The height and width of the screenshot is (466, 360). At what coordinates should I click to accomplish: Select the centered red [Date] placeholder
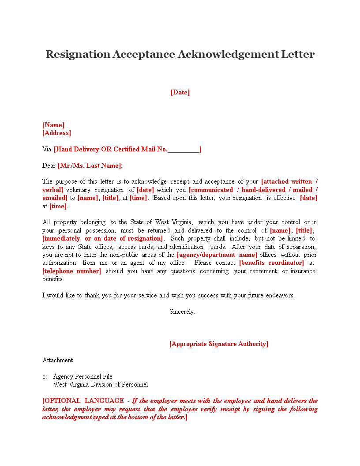(180, 92)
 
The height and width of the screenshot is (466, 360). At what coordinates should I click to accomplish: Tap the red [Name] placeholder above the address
(53, 125)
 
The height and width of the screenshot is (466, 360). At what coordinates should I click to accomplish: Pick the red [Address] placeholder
(56, 133)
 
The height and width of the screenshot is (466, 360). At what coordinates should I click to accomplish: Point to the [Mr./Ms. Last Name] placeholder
(90, 165)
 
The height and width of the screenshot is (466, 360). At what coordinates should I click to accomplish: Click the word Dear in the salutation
(49, 165)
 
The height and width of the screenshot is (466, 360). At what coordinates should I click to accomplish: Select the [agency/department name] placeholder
(217, 255)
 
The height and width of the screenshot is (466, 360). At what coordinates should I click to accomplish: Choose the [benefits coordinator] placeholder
(271, 263)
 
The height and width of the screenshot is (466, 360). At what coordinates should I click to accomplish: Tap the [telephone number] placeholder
(72, 271)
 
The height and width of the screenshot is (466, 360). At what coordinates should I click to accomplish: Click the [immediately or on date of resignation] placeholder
(103, 239)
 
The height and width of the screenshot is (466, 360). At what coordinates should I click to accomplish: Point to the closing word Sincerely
(182, 312)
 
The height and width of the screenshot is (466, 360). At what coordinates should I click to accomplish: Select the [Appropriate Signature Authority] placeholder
(219, 344)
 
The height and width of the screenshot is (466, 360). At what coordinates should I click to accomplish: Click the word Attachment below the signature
(58, 360)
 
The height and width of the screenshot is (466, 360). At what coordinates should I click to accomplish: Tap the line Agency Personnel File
(82, 376)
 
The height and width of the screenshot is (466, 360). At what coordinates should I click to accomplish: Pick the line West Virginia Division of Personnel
(100, 384)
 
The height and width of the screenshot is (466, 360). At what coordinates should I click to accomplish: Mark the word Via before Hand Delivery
(47, 149)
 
